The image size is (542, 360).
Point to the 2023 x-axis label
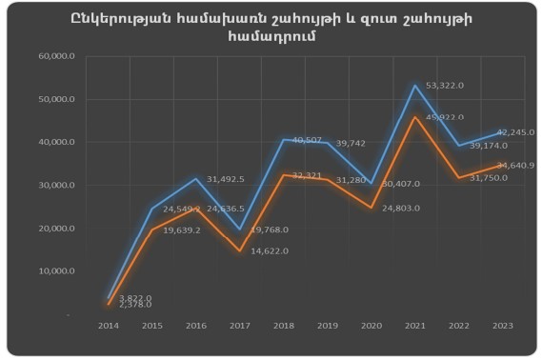point(503,326)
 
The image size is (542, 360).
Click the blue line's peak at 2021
point(414,86)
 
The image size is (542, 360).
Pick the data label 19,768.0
point(271,230)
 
